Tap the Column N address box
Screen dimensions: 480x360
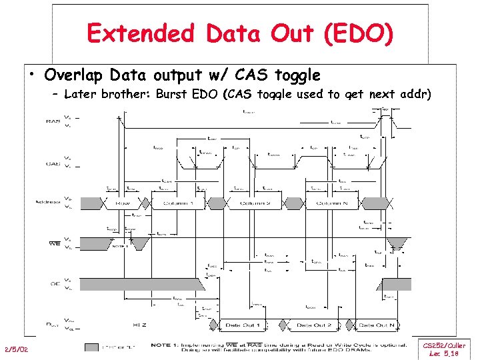pos(338,203)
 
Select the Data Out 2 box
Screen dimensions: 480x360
pos(315,325)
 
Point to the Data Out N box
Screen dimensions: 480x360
pos(377,325)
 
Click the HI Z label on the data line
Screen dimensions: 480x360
pos(139,325)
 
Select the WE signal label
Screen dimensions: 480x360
pos(55,243)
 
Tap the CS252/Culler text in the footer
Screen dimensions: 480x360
pos(445,346)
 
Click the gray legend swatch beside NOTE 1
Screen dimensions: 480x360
pos(93,347)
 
